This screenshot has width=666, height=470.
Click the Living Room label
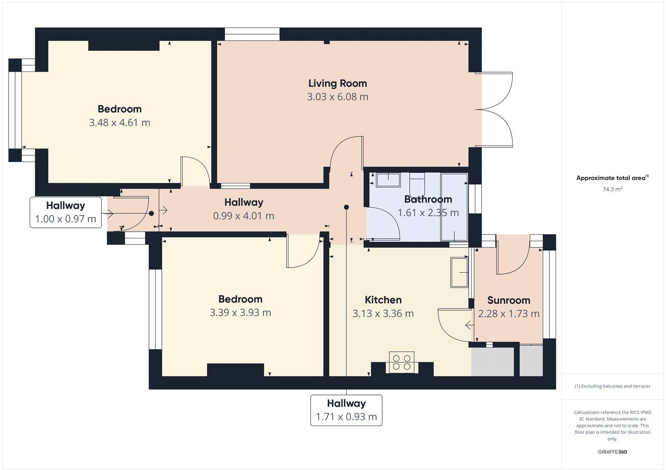click(x=338, y=83)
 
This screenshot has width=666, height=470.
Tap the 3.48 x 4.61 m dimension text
click(x=119, y=122)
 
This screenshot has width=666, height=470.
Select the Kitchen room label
click(x=383, y=300)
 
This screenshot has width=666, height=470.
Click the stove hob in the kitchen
click(x=402, y=362)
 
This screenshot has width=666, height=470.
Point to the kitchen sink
click(x=459, y=272)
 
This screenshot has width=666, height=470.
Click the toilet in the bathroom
click(x=417, y=182)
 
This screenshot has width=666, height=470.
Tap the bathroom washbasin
click(x=388, y=180)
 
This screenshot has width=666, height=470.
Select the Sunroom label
click(x=509, y=300)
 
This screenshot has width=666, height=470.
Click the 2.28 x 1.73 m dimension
click(x=509, y=314)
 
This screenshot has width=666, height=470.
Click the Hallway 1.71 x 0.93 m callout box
click(x=346, y=410)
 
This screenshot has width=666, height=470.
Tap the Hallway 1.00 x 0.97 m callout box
click(x=66, y=212)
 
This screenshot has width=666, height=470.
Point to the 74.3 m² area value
click(x=612, y=189)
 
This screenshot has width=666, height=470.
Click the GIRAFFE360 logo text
click(x=612, y=452)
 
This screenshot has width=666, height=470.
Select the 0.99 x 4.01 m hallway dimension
click(x=244, y=216)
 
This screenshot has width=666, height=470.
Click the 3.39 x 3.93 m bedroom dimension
click(x=240, y=312)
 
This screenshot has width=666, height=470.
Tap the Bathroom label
click(x=428, y=199)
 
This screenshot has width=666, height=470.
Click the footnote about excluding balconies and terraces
click(x=612, y=386)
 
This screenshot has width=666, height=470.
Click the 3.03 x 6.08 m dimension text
click(x=338, y=97)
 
